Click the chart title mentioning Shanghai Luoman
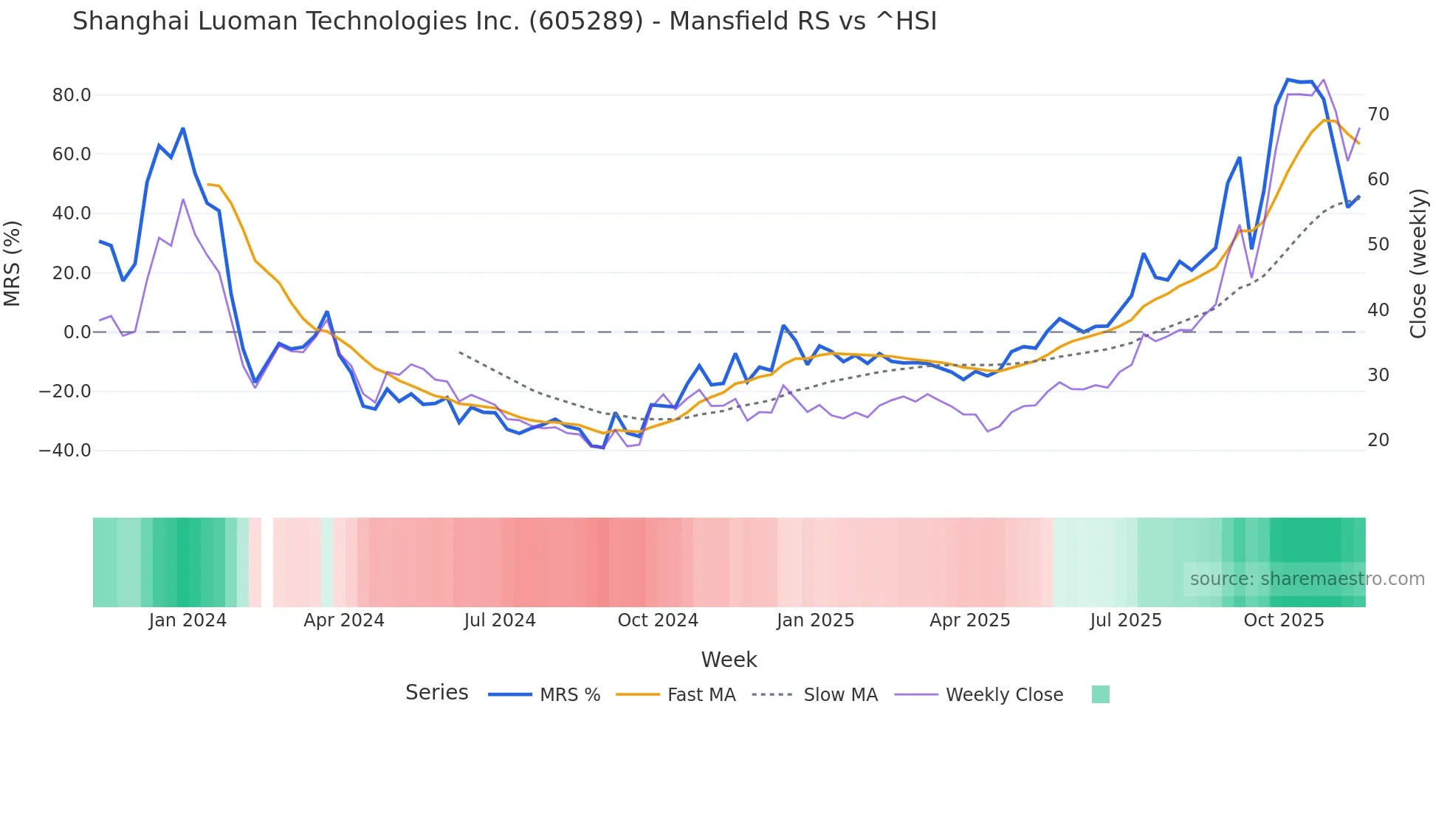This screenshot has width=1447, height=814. click(504, 21)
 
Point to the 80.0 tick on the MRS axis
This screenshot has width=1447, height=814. click(72, 95)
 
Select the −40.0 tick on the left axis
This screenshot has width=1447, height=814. click(65, 451)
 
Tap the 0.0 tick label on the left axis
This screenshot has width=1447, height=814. click(77, 332)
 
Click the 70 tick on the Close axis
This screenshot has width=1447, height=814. click(1378, 114)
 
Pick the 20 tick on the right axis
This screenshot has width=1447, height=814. click(1378, 440)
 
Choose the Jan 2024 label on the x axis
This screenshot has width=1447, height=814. click(188, 620)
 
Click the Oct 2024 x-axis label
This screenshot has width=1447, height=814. click(658, 620)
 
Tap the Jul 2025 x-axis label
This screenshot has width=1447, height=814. click(1126, 620)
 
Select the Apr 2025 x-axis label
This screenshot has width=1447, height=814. click(970, 620)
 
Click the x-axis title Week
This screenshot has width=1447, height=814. click(729, 660)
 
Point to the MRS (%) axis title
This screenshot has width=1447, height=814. click(13, 263)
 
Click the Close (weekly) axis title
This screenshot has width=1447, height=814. click(1418, 264)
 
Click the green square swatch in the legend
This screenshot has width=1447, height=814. click(1101, 694)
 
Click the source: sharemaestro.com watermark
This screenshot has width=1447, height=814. click(1307, 579)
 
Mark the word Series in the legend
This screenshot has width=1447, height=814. click(437, 693)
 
